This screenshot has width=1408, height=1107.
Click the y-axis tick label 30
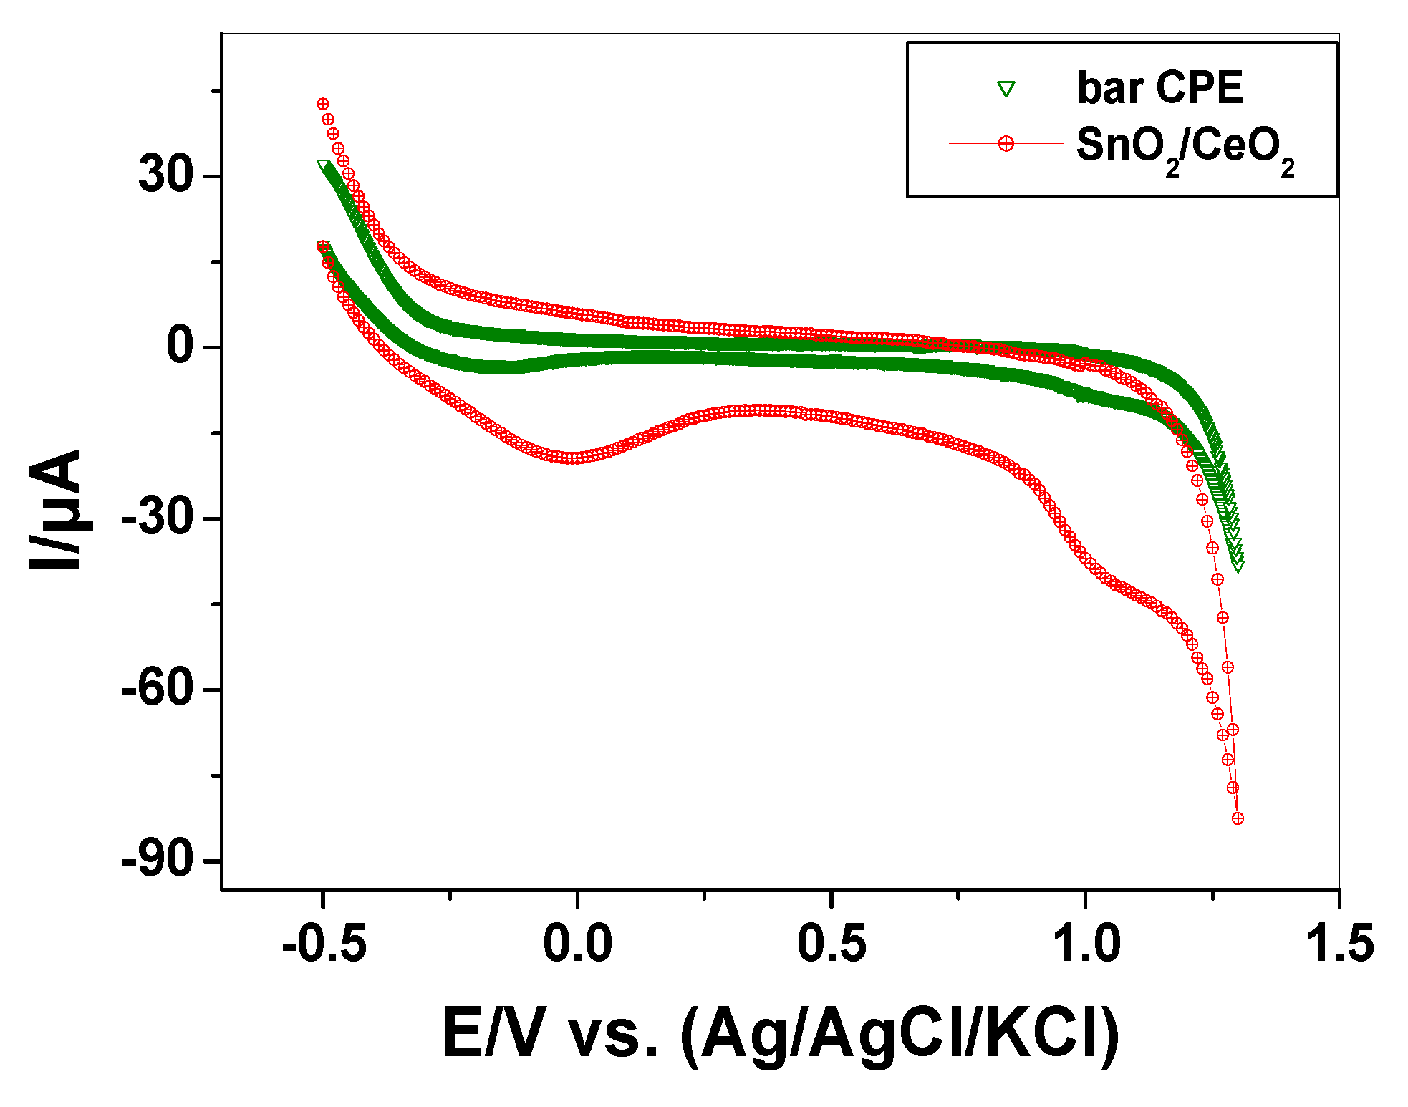pyautogui.click(x=166, y=175)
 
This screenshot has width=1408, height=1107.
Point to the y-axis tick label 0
pyautogui.click(x=180, y=346)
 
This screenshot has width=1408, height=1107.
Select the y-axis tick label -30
pyautogui.click(x=158, y=517)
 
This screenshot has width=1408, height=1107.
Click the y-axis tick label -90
pyautogui.click(x=158, y=859)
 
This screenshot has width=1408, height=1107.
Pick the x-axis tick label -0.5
pyautogui.click(x=324, y=944)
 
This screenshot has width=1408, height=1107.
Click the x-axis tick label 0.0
pyautogui.click(x=577, y=944)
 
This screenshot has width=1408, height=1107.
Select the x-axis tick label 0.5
pyautogui.click(x=831, y=944)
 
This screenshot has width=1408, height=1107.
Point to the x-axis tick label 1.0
pyautogui.click(x=1086, y=944)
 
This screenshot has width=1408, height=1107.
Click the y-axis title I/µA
pyautogui.click(x=56, y=510)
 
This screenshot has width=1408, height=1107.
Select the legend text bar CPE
pyautogui.click(x=1159, y=89)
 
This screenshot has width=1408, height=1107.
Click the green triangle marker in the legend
pyautogui.click(x=1006, y=89)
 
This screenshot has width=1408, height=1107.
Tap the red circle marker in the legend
pyautogui.click(x=1006, y=144)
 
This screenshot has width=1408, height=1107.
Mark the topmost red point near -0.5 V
pyautogui.click(x=323, y=105)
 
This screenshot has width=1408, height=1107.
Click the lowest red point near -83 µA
pyautogui.click(x=1238, y=818)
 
